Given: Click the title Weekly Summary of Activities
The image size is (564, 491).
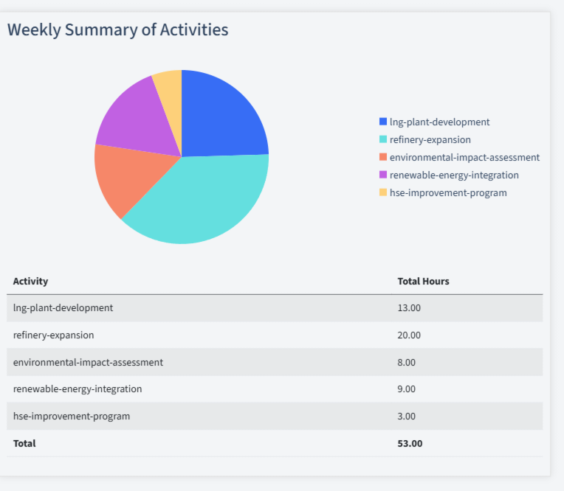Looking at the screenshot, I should (117, 30).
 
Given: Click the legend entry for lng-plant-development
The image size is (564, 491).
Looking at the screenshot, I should (439, 122).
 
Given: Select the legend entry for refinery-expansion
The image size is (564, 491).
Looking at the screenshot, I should (430, 140).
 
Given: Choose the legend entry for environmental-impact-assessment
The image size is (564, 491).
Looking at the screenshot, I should (464, 158).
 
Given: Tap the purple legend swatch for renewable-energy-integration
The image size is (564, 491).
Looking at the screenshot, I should (382, 175).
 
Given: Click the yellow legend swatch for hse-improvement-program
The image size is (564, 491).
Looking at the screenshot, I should (382, 193).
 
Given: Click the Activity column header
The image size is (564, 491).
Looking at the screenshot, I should (30, 282).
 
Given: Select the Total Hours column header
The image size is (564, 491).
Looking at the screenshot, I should (423, 282).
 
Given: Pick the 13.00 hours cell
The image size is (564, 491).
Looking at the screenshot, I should (409, 308).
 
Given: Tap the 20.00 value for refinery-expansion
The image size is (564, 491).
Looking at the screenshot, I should (409, 335).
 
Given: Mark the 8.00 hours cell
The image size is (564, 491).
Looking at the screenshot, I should (407, 363).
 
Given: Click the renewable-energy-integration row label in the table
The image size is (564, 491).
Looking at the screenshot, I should (78, 389).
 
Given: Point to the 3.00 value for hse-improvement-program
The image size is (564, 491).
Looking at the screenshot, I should (407, 417).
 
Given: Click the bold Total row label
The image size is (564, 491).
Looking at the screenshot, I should (24, 444).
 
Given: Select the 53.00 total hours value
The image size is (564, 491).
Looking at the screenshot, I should (410, 444).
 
